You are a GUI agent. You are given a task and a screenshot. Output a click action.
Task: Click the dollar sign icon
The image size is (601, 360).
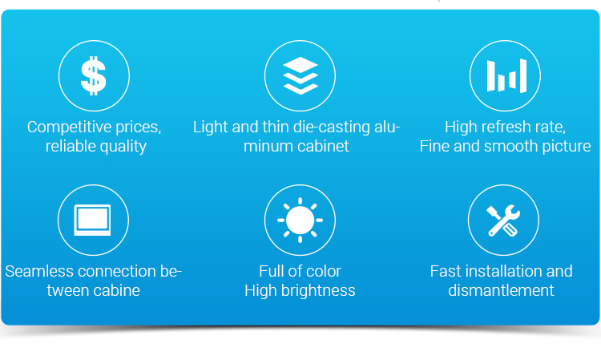pos(94,75)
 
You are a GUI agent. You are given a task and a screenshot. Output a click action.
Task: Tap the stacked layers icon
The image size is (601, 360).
pos(300,75)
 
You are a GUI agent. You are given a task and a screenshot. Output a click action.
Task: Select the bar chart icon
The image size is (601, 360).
pos(506,75)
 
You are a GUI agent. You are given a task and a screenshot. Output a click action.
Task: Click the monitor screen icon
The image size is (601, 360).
pos(92,220)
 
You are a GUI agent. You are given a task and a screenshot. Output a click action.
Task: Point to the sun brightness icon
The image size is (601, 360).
pos(300,220)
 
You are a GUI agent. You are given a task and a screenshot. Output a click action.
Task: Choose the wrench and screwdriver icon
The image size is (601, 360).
pos(503,220)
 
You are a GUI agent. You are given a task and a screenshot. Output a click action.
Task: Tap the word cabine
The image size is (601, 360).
pos(116,290)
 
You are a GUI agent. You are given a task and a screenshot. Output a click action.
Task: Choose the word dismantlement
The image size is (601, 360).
pos(501,290)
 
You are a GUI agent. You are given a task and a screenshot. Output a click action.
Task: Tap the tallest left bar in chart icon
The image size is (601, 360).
pos(491,75)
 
